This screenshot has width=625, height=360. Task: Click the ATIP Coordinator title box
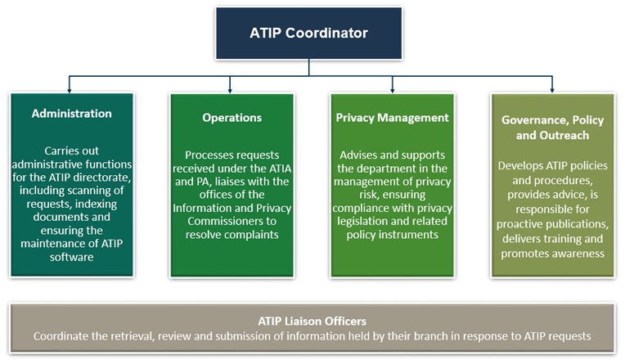pyautogui.click(x=308, y=34)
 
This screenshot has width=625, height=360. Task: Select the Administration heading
pyautogui.click(x=71, y=113)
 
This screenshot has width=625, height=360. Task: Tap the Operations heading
pyautogui.click(x=232, y=117)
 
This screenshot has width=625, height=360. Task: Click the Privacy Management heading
pyautogui.click(x=392, y=117)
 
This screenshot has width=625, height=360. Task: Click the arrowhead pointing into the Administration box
pyautogui.click(x=71, y=89)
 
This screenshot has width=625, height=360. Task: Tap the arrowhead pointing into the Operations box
pyautogui.click(x=232, y=89)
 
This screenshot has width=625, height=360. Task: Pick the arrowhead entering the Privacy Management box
pyautogui.click(x=393, y=89)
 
